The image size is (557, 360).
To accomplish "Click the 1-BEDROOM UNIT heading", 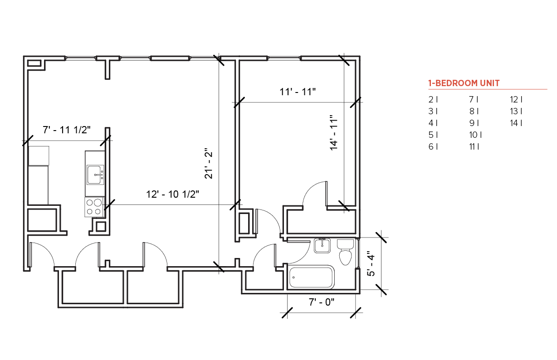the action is click(464, 83).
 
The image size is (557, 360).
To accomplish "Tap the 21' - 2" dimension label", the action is click(209, 164).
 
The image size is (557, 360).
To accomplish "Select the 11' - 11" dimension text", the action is click(298, 92).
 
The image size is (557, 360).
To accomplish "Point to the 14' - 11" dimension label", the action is click(334, 133).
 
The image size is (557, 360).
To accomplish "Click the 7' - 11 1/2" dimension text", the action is click(67, 130).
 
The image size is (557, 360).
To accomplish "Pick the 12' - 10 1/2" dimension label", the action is click(172, 194).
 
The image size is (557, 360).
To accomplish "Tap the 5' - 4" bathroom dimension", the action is click(371, 263).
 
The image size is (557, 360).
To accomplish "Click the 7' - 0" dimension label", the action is click(322, 302).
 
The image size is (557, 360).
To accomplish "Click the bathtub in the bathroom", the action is click(312, 277).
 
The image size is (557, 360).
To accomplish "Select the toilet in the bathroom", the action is click(345, 252).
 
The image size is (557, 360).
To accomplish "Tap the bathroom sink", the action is click(322, 246).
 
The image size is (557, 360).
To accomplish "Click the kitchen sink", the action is click(95, 175).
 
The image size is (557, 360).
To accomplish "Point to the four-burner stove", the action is click(94, 207).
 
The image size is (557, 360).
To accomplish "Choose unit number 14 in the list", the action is click(516, 123).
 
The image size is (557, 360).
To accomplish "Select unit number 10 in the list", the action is click(475, 135).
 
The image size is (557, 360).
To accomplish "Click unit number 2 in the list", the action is click(433, 99).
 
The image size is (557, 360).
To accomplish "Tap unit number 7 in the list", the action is click(474, 99).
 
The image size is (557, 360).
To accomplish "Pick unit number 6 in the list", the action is click(433, 147).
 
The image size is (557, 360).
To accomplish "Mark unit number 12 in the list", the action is click(516, 99).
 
